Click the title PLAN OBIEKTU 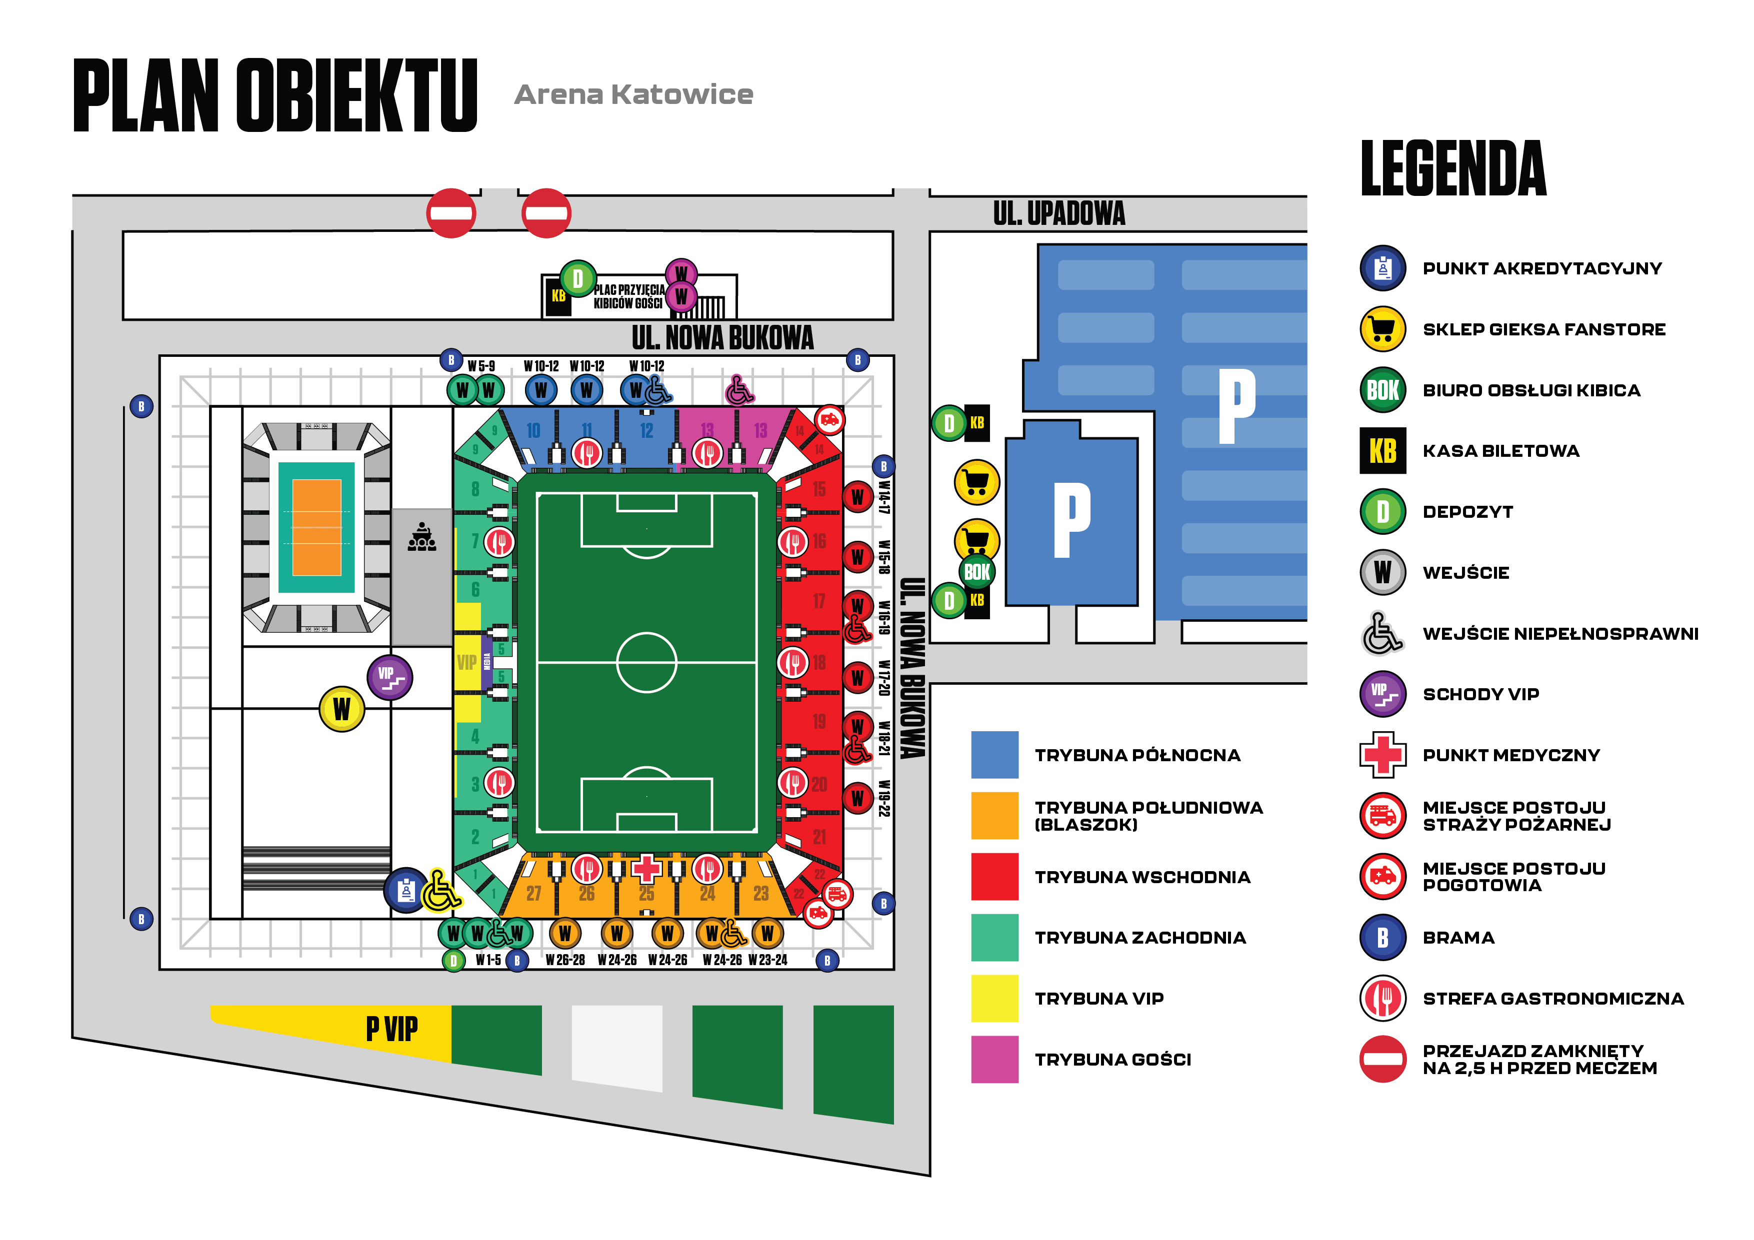[x=275, y=95]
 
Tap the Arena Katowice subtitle [x=633, y=94]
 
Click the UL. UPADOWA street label [x=1059, y=214]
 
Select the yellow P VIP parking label [x=392, y=1029]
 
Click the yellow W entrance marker [x=341, y=709]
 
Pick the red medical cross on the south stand [x=646, y=868]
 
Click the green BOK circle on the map [x=976, y=572]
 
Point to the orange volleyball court [x=316, y=527]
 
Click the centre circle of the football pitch [x=646, y=662]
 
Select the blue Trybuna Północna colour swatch [x=994, y=754]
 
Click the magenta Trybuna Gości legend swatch [x=994, y=1059]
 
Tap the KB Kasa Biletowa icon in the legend [x=1382, y=450]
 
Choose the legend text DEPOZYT [x=1467, y=512]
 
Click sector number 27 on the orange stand [x=533, y=893]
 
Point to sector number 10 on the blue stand [x=533, y=431]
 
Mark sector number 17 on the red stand [x=819, y=601]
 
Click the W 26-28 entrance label [x=565, y=960]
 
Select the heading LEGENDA [x=1453, y=169]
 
